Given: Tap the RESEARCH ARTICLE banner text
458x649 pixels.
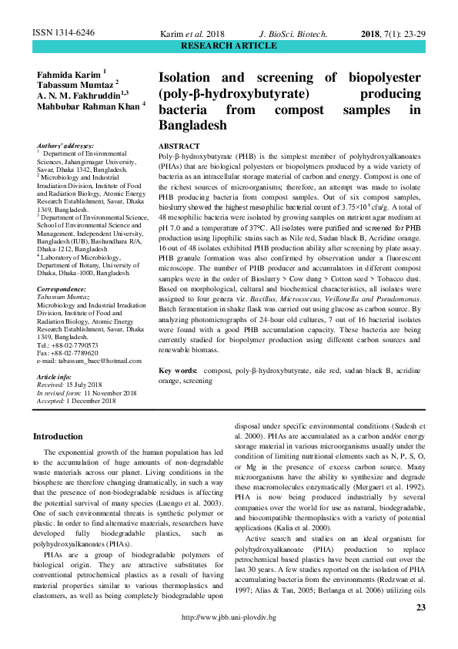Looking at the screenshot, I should (x=229, y=46).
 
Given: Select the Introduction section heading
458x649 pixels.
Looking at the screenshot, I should (x=58, y=436).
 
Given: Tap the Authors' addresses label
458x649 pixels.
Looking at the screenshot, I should (x=65, y=146).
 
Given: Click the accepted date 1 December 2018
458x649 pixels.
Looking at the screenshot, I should (x=92, y=400).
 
